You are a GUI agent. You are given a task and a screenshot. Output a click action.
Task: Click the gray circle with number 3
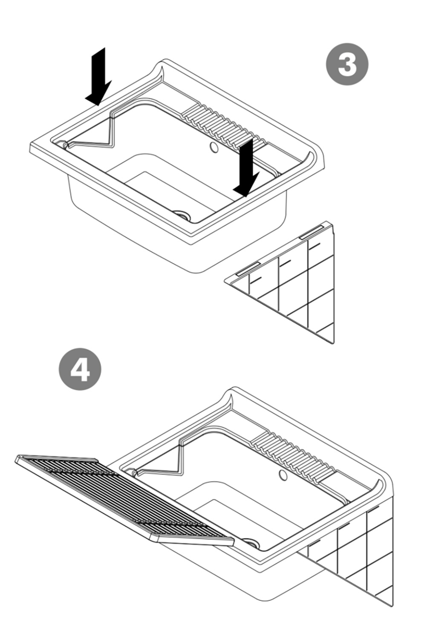(x=347, y=64)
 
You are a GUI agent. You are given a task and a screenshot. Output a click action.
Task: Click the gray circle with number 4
(x=80, y=369)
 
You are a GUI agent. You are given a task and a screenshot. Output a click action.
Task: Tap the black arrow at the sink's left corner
(x=98, y=76)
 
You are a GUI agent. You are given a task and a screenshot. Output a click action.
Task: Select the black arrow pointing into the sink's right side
(x=246, y=167)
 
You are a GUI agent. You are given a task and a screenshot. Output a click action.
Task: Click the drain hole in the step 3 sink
(x=182, y=214)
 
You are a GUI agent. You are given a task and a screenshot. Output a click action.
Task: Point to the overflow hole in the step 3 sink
(x=214, y=147)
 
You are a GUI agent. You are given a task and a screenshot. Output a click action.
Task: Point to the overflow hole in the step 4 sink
(x=283, y=475)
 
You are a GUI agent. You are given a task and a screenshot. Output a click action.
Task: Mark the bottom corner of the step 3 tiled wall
(x=333, y=343)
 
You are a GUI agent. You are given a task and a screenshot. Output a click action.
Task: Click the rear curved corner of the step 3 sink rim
(x=165, y=60)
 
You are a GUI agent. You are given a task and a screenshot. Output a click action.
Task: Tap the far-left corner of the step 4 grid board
(x=15, y=460)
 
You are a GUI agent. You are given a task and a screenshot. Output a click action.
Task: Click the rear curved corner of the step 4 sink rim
(x=234, y=388)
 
